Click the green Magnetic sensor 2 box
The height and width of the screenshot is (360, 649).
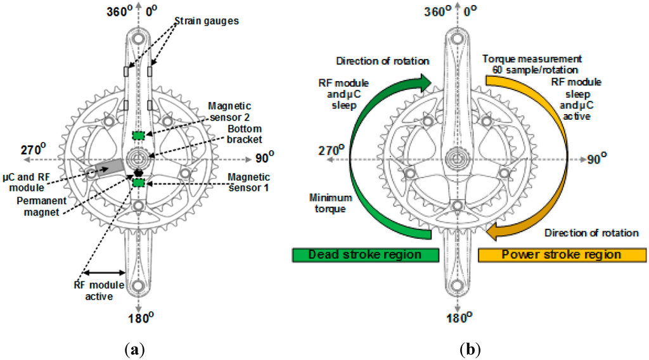[x=139, y=136]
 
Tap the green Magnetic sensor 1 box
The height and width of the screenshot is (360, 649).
[x=139, y=183]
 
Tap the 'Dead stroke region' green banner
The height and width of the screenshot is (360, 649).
[x=365, y=254]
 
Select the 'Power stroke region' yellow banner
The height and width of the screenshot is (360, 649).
[x=561, y=254]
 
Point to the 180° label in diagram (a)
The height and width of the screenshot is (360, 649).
[x=138, y=318]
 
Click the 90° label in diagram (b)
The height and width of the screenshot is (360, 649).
[x=592, y=158]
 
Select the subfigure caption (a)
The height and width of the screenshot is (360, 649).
[x=137, y=349]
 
